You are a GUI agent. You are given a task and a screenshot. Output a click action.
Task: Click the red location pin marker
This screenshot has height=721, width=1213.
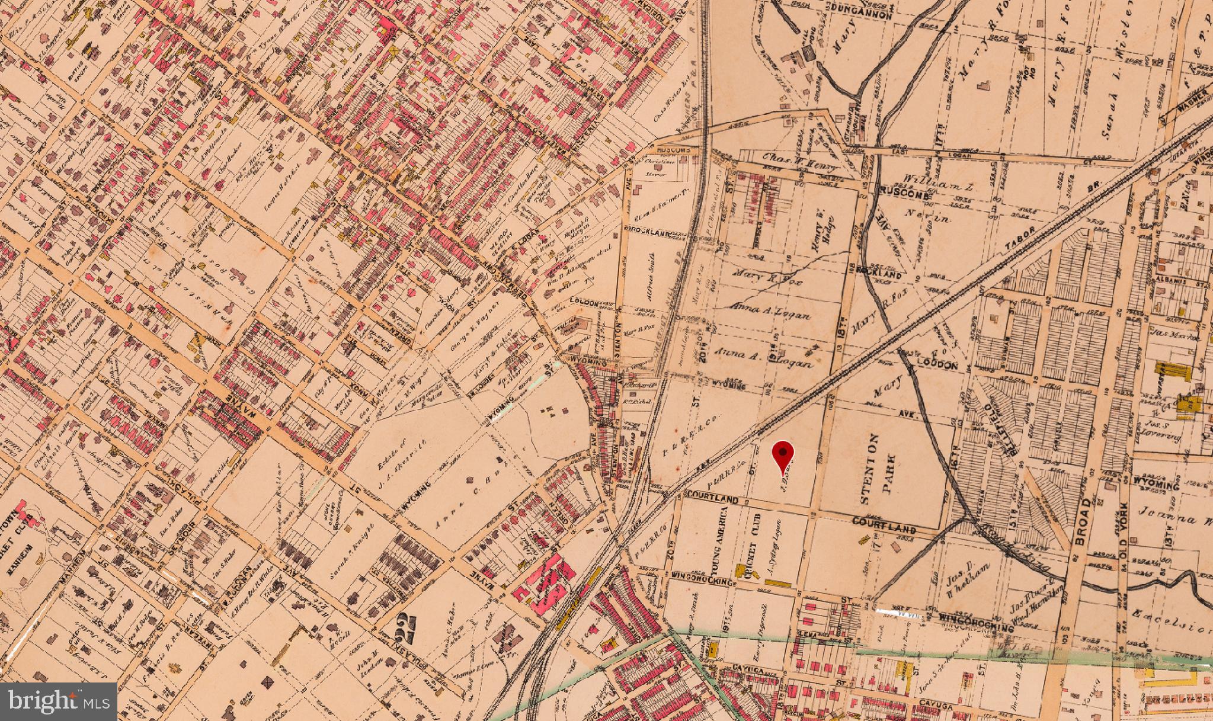[x=783, y=455]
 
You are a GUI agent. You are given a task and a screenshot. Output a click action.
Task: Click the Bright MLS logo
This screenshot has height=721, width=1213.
[x=58, y=701]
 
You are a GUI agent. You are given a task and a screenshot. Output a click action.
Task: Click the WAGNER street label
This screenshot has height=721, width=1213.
[x=1176, y=102]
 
